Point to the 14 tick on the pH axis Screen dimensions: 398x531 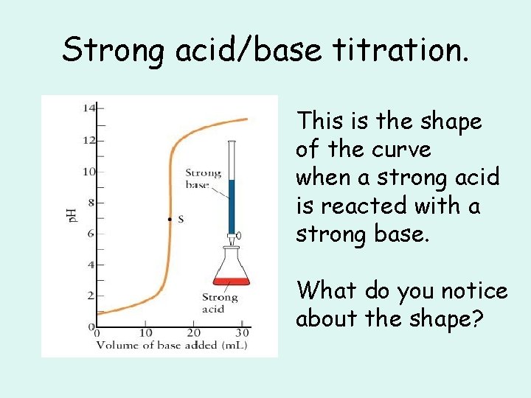coord(89,108)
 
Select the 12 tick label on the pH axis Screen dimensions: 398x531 coord(89,140)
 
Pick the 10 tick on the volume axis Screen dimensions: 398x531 coord(145,332)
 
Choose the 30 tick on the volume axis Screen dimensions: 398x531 coord(243,332)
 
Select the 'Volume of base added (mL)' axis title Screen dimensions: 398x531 coord(170,345)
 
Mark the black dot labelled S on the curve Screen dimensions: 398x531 coord(170,219)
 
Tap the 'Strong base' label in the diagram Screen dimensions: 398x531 coord(203,179)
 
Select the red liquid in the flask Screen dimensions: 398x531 coord(232,281)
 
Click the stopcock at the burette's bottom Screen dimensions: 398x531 coord(232,237)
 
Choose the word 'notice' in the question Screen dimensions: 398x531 coord(474,291)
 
